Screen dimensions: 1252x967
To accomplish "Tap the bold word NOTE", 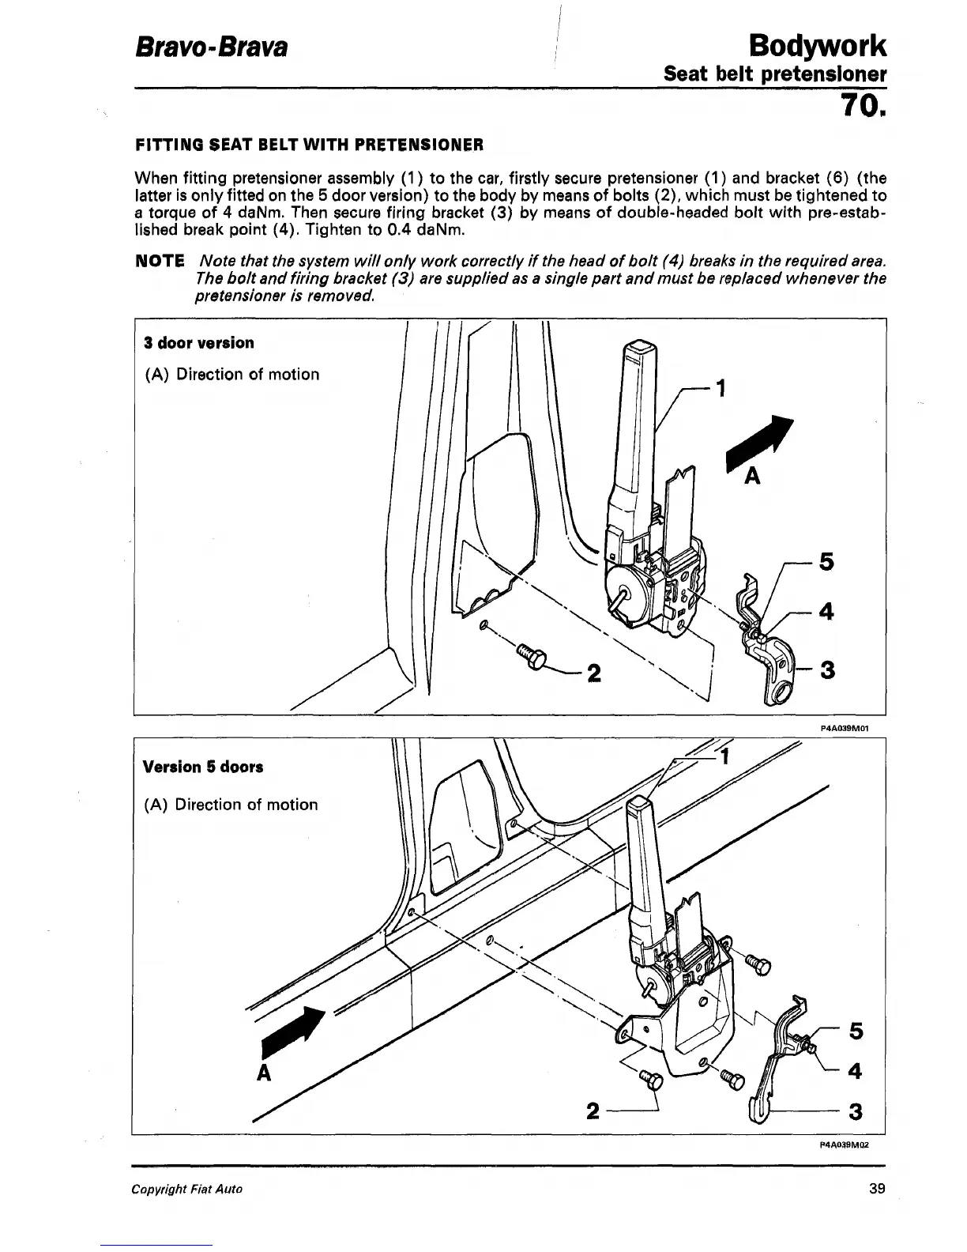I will coord(160,262).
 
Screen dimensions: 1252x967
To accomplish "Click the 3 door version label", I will coord(199,343).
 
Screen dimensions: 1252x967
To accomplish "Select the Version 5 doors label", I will coord(203,767).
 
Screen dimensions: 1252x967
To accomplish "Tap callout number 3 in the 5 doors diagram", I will coord(853,1112).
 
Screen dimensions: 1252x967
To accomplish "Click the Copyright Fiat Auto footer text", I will coord(189,1189).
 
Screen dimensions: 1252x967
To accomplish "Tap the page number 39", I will coord(875,1188).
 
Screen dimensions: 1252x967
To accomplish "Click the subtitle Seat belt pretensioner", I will coord(774,75).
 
